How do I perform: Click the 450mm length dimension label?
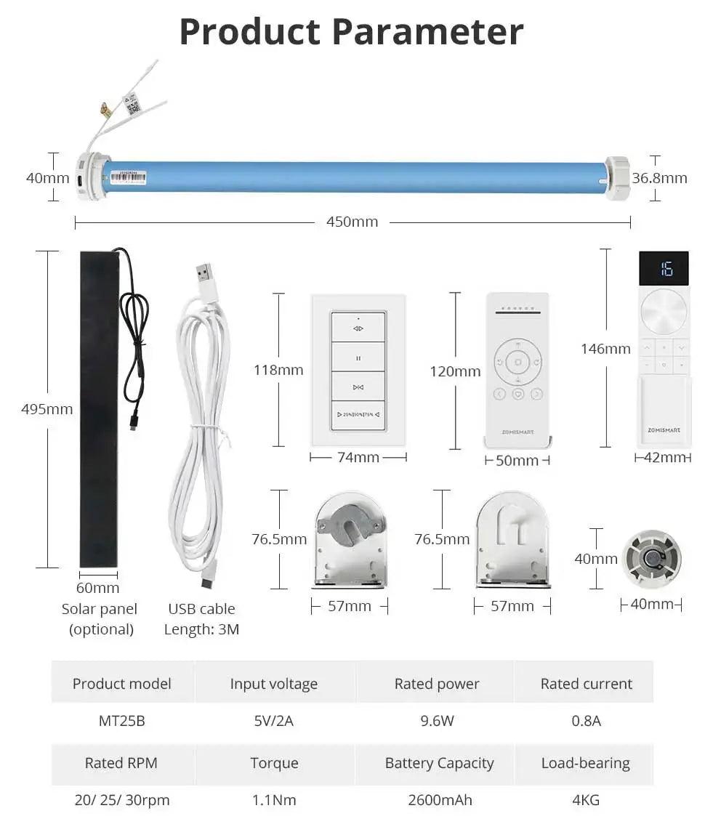tap(352, 222)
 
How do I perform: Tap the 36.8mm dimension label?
tap(659, 178)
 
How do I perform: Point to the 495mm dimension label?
tap(47, 409)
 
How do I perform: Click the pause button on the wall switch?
tap(358, 358)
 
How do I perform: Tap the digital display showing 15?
tap(664, 269)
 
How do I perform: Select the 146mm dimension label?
tap(605, 349)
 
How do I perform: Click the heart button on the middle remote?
tap(517, 394)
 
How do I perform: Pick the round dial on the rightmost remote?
tap(664, 312)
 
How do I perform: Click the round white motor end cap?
tap(651, 559)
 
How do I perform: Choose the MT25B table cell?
tap(121, 721)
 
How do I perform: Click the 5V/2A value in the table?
tap(274, 721)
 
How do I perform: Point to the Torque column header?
tap(274, 763)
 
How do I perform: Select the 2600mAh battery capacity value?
tap(440, 800)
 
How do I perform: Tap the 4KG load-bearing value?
tap(585, 800)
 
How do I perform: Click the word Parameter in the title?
tap(428, 32)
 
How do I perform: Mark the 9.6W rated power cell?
tap(437, 721)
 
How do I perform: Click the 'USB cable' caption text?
tap(201, 609)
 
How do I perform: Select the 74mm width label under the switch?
tap(358, 457)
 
